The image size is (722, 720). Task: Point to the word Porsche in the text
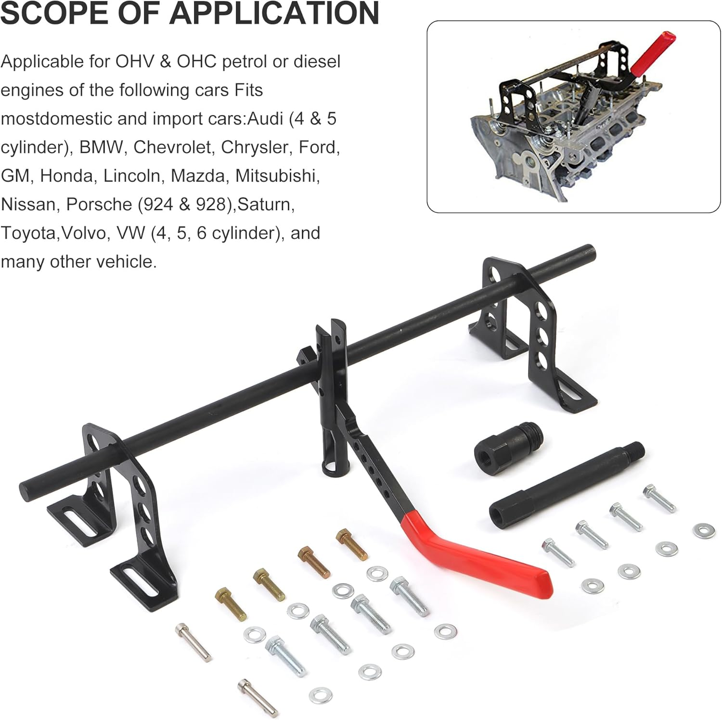[x=99, y=205]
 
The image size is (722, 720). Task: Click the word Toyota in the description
[x=28, y=233]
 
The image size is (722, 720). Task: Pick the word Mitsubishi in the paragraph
[x=277, y=176]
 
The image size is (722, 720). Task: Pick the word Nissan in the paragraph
[x=28, y=205]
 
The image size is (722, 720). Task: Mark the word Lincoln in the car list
[x=132, y=176]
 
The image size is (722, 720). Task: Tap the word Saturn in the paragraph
[x=265, y=205]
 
